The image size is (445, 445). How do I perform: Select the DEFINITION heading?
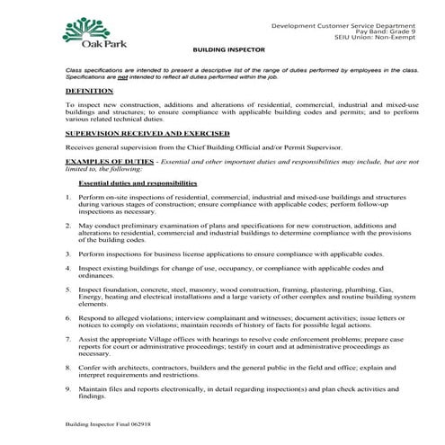[x=89, y=91]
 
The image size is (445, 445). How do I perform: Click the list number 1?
[x=68, y=195]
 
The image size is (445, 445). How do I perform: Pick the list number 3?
[x=68, y=254]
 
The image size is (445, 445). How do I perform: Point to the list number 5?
[x=68, y=290]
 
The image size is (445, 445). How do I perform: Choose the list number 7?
[x=68, y=340]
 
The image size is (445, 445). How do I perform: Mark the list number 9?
[x=68, y=388]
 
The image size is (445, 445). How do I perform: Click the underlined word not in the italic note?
[x=120, y=76]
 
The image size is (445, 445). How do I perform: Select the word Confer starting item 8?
[x=90, y=368]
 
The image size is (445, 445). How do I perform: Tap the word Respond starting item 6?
[x=93, y=319]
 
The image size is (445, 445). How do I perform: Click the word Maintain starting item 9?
[x=93, y=388]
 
